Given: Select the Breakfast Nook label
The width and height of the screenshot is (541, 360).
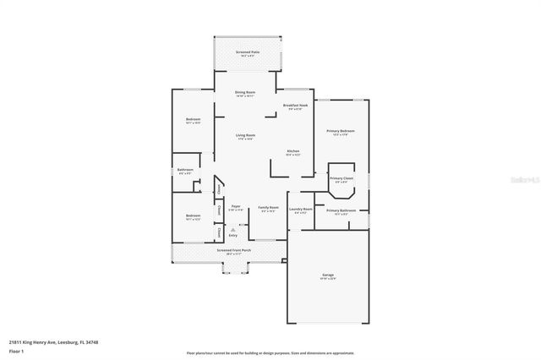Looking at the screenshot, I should (x=295, y=106).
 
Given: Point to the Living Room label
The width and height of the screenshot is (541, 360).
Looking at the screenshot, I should (x=245, y=135).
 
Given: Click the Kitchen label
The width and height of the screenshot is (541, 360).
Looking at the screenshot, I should (x=292, y=151).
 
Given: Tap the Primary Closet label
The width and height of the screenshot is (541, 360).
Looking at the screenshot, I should (x=341, y=178).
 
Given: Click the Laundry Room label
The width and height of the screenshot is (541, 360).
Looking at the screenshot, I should (x=300, y=210).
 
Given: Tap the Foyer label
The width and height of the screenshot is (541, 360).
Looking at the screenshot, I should (x=236, y=207).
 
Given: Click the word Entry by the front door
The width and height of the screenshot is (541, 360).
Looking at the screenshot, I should (x=232, y=235).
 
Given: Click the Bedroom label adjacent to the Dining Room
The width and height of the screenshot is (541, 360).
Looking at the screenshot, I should (x=193, y=120).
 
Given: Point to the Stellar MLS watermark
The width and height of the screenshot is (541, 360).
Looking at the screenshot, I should (x=517, y=180).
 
